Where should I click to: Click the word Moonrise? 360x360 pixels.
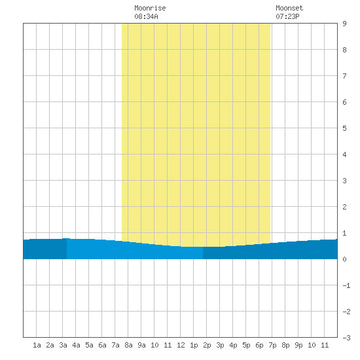[x=150, y=8]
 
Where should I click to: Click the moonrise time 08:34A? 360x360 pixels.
[x=146, y=16]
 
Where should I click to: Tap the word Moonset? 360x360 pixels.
[x=289, y=8]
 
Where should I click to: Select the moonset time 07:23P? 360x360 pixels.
[x=287, y=16]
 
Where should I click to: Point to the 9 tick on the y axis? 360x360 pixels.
[x=344, y=24]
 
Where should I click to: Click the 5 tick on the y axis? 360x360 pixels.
[x=344, y=128]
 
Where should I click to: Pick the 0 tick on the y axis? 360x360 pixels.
[x=344, y=259]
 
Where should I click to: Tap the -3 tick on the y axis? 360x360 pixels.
[x=346, y=338]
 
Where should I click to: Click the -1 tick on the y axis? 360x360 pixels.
[x=346, y=285]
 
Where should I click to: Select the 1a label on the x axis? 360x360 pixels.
[x=37, y=345]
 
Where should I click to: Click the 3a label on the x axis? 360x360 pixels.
[x=63, y=345]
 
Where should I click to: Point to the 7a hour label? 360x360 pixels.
[x=115, y=345]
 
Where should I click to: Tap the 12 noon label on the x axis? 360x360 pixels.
[x=181, y=345]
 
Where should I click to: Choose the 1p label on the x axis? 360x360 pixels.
[x=194, y=345]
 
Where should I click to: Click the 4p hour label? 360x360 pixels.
[x=233, y=345]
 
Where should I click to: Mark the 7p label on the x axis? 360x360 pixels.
[x=272, y=345]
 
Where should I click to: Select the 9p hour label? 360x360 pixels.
[x=298, y=345]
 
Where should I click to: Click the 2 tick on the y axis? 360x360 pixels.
[x=344, y=207]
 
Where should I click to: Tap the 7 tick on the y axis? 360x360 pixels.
[x=344, y=76]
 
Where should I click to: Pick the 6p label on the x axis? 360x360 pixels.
[x=259, y=345]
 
